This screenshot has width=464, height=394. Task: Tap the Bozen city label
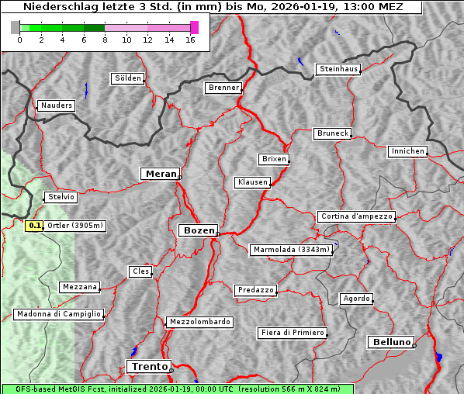(199, 230)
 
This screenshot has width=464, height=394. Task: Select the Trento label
(147, 366)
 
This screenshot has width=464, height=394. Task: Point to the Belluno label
(392, 341)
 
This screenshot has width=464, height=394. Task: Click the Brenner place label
(224, 88)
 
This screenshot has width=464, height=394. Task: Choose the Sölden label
(128, 78)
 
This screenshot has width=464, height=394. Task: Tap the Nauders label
(57, 105)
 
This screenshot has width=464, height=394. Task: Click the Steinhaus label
(339, 69)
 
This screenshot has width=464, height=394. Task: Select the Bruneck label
(333, 133)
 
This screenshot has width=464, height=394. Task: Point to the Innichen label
(407, 151)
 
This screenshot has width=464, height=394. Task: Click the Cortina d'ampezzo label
(356, 216)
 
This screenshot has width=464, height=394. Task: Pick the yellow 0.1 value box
(34, 226)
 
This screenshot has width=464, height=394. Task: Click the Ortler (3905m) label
(75, 226)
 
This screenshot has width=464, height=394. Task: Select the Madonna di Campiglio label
(58, 314)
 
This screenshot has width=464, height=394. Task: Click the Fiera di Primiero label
(293, 333)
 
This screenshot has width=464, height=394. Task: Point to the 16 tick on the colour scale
(189, 40)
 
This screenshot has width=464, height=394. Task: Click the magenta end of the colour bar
(194, 27)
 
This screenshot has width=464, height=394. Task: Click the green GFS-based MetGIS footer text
(177, 389)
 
